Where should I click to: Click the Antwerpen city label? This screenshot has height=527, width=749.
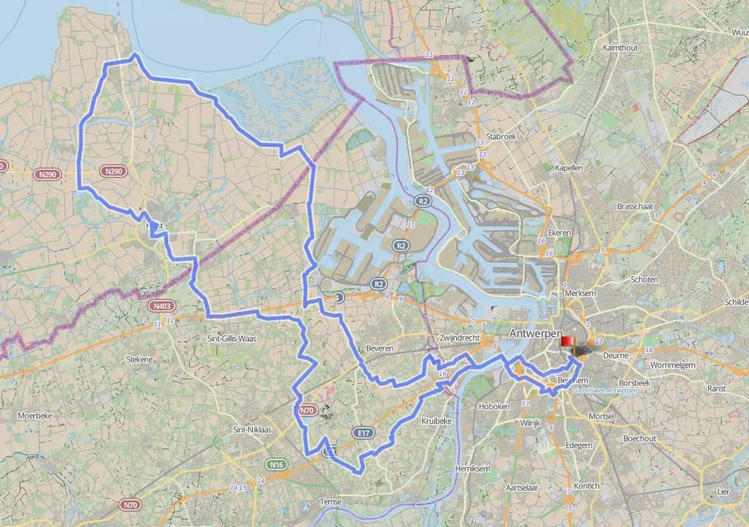536,334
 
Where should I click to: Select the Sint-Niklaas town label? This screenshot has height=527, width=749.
253,429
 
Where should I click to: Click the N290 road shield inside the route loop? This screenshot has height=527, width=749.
113,171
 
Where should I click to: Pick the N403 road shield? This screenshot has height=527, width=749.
160,306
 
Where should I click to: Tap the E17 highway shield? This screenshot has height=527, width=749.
363,432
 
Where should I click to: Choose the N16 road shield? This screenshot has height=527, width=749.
275,463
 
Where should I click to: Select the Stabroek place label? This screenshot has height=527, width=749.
501,137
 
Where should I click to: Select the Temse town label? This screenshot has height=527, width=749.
330,502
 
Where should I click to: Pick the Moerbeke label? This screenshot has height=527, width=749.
35,416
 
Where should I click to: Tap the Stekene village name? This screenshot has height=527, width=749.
141,360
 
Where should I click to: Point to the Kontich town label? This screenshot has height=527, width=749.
586,485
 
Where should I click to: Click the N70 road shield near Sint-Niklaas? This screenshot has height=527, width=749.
306,410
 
